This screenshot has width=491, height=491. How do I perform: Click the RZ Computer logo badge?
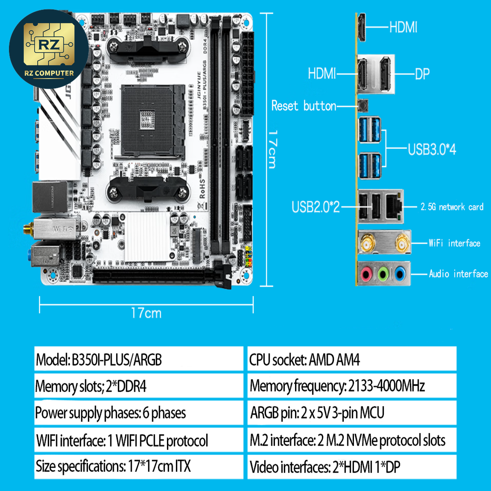click(48, 49)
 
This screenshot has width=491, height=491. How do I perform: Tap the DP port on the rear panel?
click(385, 74)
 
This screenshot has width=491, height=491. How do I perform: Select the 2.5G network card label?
click(452, 207)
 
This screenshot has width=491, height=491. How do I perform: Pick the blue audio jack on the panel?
click(400, 273)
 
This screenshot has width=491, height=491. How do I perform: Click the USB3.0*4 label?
click(432, 149)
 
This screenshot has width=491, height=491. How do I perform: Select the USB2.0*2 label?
click(315, 207)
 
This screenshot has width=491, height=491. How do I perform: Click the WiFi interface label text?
click(454, 243)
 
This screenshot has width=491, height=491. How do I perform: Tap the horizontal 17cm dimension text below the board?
click(146, 313)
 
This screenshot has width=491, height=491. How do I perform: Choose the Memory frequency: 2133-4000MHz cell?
click(351, 386)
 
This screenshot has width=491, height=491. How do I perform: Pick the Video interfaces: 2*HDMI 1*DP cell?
click(351, 466)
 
